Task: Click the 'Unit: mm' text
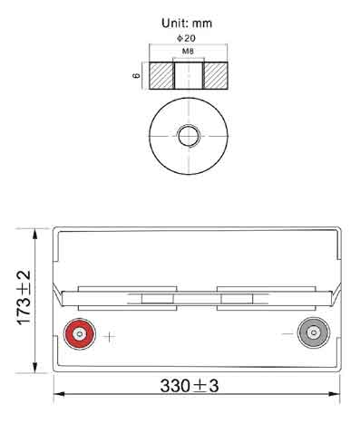point(187,24)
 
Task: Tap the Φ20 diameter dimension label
point(186,38)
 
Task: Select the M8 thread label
point(188,52)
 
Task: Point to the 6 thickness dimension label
point(137,75)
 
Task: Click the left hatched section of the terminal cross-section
point(161,75)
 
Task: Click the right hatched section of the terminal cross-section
point(215,75)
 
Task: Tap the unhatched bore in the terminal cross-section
point(189,75)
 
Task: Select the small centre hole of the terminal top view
point(189,136)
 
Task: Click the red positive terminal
point(80,334)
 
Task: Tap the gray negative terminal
point(314,332)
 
